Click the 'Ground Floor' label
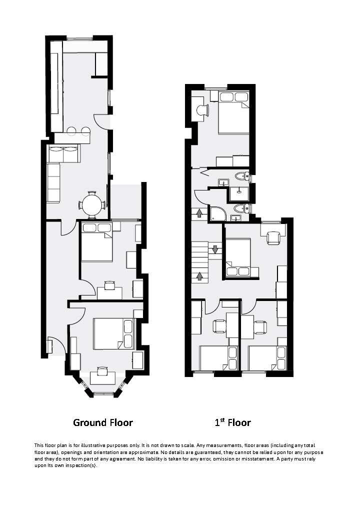[103, 422]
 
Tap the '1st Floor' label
[232, 422]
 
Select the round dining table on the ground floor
[92, 204]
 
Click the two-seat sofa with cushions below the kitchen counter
[63, 154]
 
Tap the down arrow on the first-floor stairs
[215, 249]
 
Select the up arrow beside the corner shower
[199, 213]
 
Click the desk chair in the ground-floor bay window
[102, 370]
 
